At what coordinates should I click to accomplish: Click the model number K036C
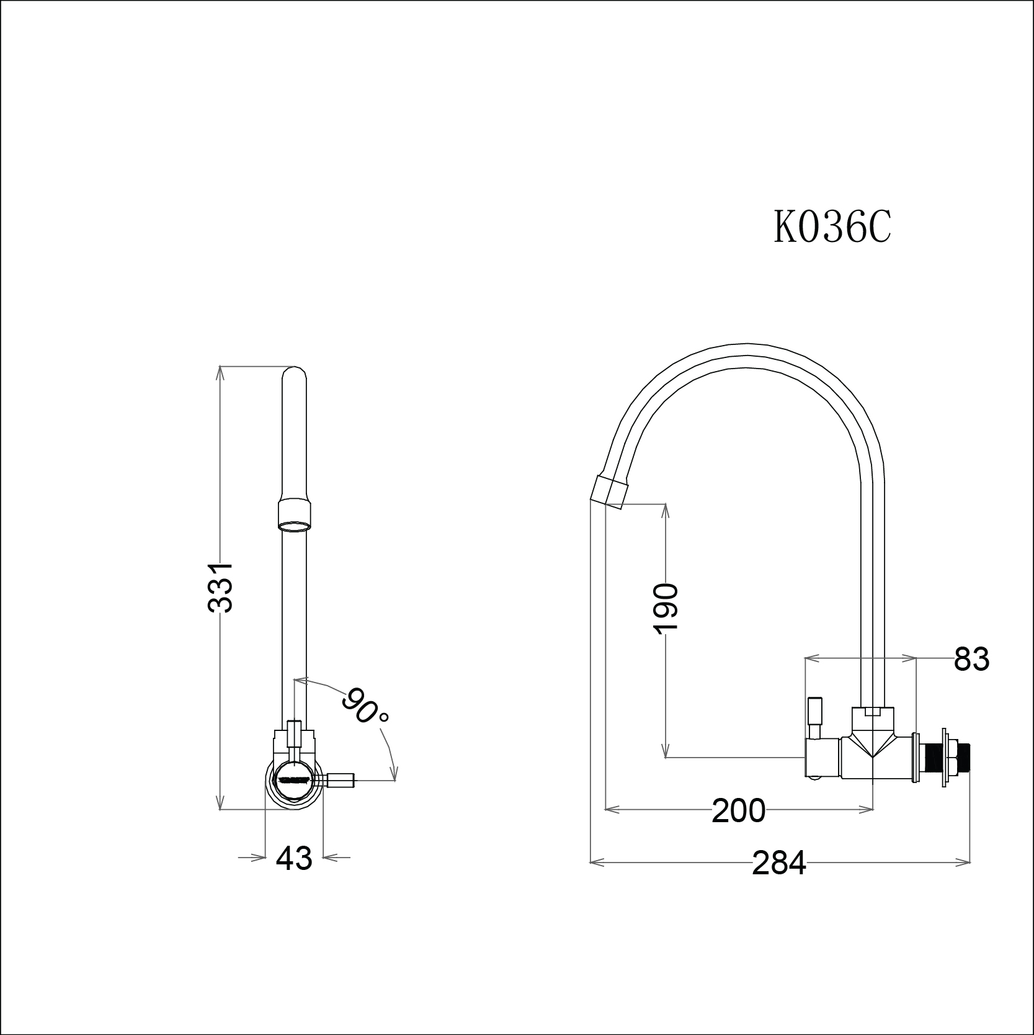pos(831,227)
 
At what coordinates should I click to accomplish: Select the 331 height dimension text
pos(220,588)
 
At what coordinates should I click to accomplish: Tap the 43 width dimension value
pos(294,858)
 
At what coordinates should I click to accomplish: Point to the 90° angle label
pos(366,706)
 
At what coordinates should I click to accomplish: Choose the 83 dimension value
pos(971,659)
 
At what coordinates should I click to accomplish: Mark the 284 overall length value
pos(779,862)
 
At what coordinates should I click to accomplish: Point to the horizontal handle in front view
pos(339,779)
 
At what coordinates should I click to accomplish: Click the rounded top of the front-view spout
pos(294,374)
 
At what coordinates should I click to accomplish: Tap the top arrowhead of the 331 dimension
pos(220,370)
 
